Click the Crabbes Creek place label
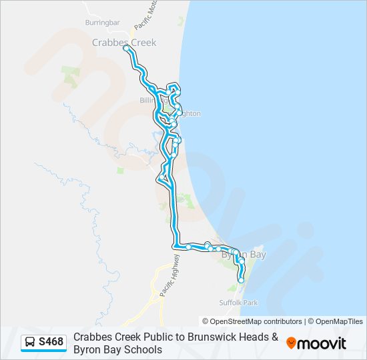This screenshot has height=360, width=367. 123,43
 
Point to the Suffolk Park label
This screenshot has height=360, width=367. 242,303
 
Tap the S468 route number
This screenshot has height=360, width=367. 51,343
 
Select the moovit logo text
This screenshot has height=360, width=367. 322,343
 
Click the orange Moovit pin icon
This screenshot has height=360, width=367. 291,343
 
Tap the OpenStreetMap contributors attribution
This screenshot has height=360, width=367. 252,321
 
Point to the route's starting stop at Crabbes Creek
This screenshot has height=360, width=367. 126,47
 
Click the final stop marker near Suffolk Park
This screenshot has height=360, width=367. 241,281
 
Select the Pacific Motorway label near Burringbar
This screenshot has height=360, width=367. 141,17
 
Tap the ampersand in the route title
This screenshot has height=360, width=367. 274,337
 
